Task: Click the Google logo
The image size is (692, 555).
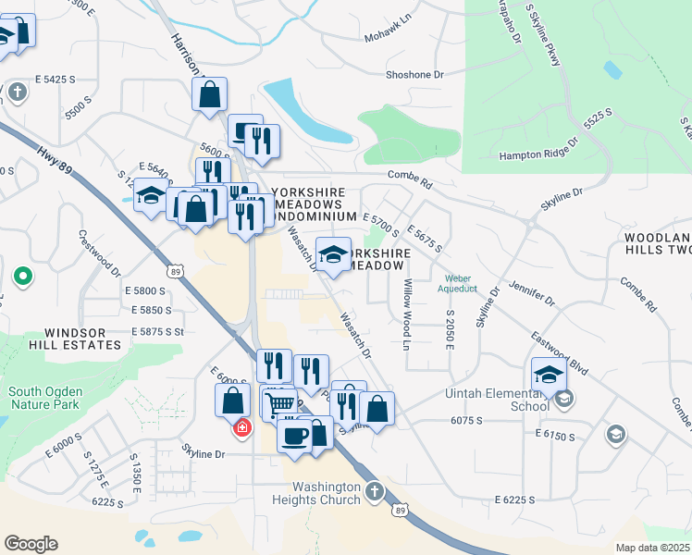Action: [31, 543]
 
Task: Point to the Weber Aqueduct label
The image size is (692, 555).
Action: [464, 283]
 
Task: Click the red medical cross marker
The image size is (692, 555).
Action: [242, 428]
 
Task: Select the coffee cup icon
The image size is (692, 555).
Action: [295, 434]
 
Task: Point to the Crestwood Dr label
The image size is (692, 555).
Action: [99, 253]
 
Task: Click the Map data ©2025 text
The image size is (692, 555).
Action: [651, 548]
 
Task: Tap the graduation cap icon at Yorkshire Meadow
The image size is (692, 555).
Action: [333, 253]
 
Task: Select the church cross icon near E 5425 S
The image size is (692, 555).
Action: [18, 92]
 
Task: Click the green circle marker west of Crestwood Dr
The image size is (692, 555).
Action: [22, 276]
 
